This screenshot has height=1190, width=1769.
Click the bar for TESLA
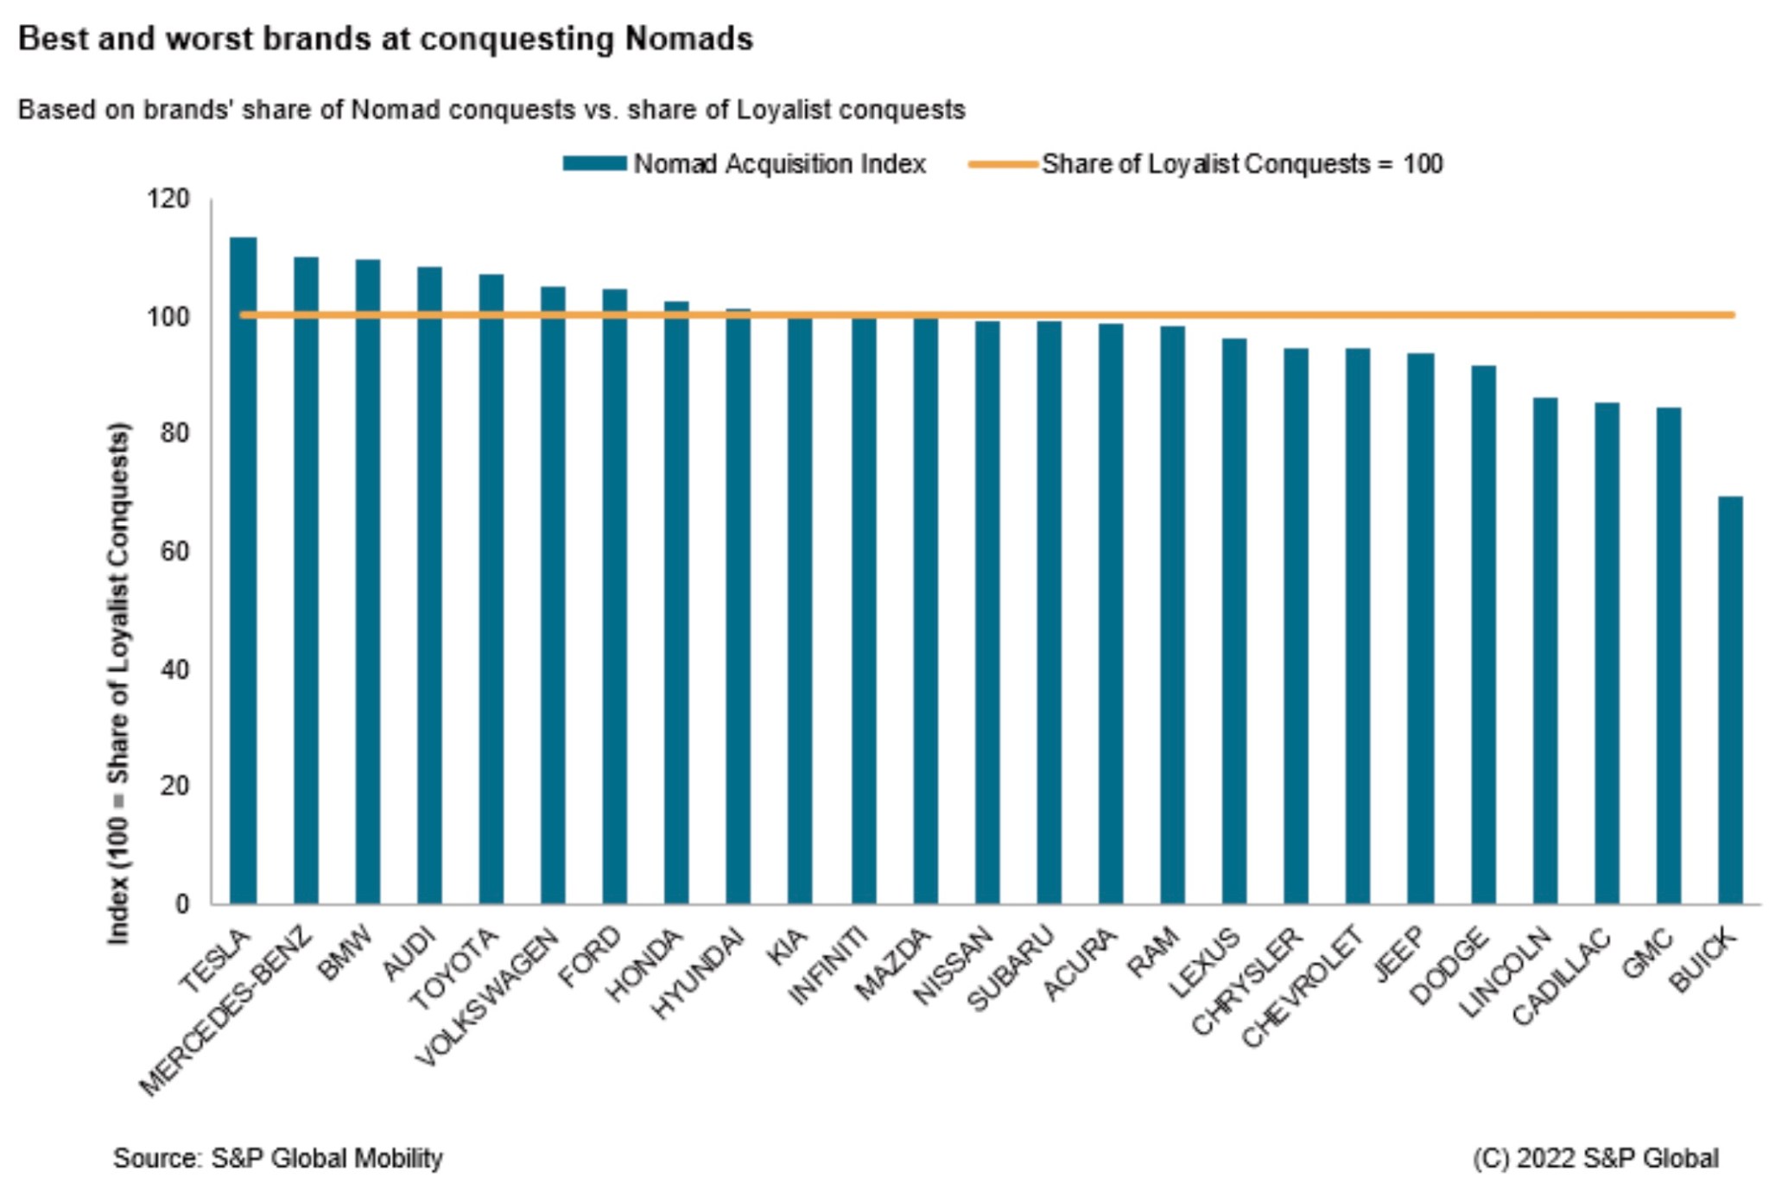tap(243, 570)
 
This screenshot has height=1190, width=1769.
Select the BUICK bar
tap(1730, 699)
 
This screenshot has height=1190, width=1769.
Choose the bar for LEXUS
tap(1234, 621)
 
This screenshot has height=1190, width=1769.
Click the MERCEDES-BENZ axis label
tap(226, 1010)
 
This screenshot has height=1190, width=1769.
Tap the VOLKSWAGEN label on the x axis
tap(489, 997)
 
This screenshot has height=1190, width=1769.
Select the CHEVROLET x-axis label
tap(1303, 986)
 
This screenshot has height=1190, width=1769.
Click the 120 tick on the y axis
tap(168, 199)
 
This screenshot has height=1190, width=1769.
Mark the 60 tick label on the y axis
tap(174, 551)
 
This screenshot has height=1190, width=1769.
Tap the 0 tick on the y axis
tap(181, 904)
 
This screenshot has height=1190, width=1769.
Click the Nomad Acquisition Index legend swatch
tap(594, 164)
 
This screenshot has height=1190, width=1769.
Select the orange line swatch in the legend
tap(1002, 164)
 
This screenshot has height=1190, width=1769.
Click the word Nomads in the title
tap(688, 39)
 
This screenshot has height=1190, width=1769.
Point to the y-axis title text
tap(118, 682)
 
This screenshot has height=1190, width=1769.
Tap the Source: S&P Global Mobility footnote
tap(277, 1158)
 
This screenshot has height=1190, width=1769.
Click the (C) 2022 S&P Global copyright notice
tap(1595, 1158)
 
